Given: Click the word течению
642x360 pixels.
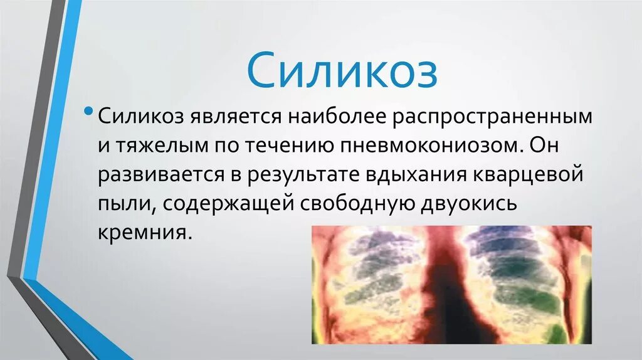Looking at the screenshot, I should click(x=291, y=147).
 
